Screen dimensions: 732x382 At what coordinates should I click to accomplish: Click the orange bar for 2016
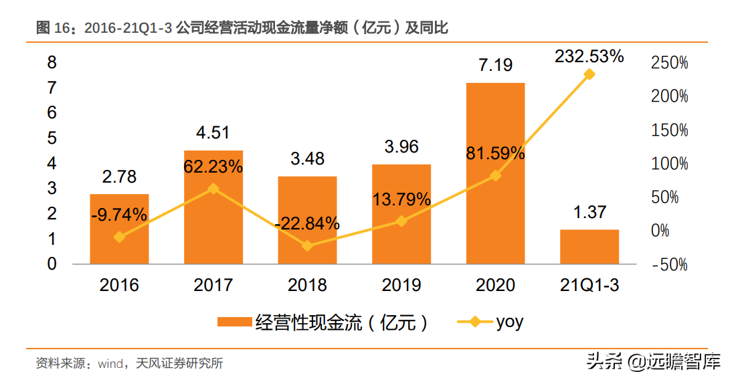(119, 229)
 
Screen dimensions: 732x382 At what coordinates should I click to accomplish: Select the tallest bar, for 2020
(495, 173)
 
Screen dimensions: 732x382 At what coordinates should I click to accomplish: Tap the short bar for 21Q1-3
(589, 247)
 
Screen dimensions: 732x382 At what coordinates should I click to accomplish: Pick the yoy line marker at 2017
(213, 189)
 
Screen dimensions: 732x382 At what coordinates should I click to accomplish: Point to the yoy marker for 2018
(307, 246)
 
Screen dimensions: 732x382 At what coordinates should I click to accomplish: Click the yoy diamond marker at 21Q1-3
(589, 74)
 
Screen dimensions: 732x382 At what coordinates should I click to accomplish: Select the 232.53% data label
(589, 56)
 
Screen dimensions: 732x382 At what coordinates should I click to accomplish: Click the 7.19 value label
(495, 65)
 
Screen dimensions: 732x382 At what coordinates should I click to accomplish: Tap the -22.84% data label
(306, 223)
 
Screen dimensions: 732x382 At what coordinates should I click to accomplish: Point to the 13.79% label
(401, 199)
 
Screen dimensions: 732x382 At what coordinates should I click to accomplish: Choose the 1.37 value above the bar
(589, 212)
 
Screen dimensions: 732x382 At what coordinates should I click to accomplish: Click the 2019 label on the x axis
(401, 285)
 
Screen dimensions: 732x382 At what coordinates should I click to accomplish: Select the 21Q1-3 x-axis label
(589, 285)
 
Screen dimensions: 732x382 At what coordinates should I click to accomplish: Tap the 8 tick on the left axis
(52, 62)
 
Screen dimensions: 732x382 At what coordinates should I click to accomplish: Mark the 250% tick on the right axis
(670, 63)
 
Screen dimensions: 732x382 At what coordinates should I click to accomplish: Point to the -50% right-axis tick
(670, 265)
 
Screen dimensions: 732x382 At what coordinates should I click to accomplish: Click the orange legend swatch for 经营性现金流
(235, 322)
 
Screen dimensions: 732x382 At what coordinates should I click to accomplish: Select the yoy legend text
(510, 322)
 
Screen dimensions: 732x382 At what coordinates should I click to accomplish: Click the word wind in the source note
(110, 363)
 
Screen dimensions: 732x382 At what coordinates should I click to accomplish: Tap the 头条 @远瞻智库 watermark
(654, 361)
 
